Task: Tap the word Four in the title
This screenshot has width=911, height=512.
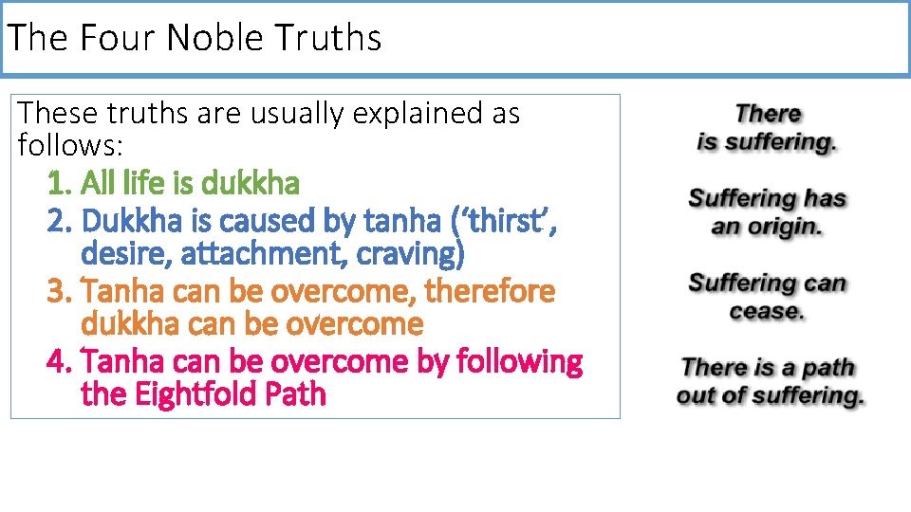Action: pyautogui.click(x=116, y=37)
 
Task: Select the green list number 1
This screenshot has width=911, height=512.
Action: pyautogui.click(x=59, y=183)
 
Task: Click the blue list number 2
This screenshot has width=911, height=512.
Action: pyautogui.click(x=59, y=221)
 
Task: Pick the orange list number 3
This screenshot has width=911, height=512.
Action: pyautogui.click(x=59, y=291)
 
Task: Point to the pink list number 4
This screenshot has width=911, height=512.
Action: pyautogui.click(x=59, y=361)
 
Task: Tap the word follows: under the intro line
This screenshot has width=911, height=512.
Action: pyautogui.click(x=70, y=144)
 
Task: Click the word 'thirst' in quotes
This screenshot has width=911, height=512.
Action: pyautogui.click(x=504, y=221)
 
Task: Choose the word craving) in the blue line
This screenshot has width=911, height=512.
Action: pyautogui.click(x=410, y=254)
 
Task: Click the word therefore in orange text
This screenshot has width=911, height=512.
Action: pyautogui.click(x=490, y=290)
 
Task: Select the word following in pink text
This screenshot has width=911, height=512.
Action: pyautogui.click(x=519, y=362)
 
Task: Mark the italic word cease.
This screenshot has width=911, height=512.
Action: pyautogui.click(x=767, y=312)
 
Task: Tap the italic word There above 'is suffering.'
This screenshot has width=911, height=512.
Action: pyautogui.click(x=768, y=114)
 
